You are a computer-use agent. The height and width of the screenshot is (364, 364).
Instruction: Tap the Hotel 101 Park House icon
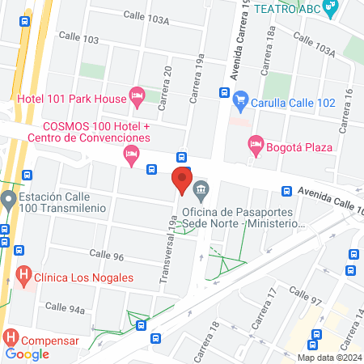pyautogui.click(x=138, y=99)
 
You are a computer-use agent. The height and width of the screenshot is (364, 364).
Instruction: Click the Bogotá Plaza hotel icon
pyautogui.click(x=256, y=146)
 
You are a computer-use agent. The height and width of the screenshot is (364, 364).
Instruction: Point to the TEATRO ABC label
pyautogui.click(x=287, y=8)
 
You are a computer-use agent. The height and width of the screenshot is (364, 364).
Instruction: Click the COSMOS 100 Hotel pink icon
pyautogui.click(x=130, y=154)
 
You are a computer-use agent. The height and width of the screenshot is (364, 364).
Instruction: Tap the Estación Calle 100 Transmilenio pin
pyautogui.click(x=8, y=199)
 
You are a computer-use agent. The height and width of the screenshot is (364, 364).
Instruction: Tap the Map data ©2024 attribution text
pyautogui.click(x=328, y=357)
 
